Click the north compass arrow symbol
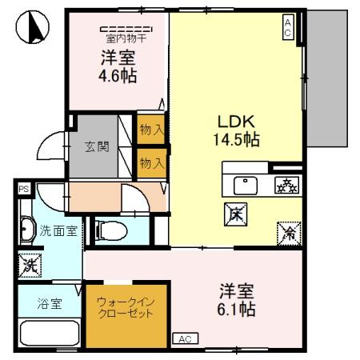point(29,29)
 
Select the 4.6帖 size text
point(117,77)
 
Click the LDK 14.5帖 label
point(237,130)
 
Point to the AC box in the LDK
point(287,28)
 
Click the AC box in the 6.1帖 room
point(185,338)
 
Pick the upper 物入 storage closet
point(150,129)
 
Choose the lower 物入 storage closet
point(150,162)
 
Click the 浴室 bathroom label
point(49,305)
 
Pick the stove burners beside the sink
point(285,185)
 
